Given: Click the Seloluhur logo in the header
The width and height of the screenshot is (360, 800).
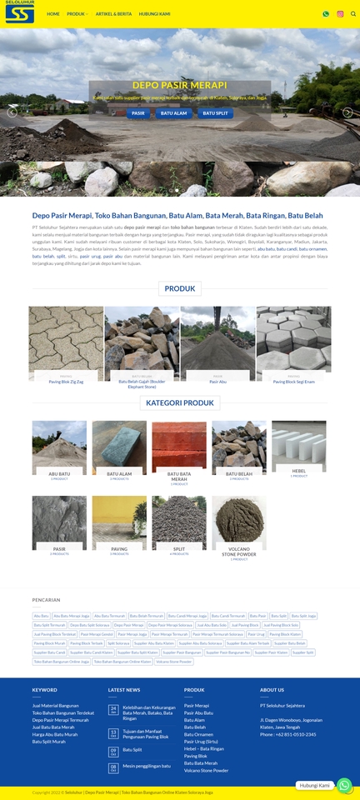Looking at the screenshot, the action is pos(19,12).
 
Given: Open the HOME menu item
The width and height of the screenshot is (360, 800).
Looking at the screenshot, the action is pos(53,14).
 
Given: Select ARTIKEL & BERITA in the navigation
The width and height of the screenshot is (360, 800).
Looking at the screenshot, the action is pos(113,14).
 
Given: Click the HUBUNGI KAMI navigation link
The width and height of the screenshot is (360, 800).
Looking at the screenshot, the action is pos(154,14).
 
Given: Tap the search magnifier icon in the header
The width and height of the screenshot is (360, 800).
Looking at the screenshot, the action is pos(353,14).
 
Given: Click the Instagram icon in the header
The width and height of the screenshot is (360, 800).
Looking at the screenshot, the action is pos(340,14).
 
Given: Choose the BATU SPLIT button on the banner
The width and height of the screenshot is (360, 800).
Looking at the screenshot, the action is pos(215,112).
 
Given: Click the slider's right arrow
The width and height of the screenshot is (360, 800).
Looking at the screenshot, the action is pos(347,112).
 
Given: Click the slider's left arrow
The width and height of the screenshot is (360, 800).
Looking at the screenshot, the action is pos(12,112).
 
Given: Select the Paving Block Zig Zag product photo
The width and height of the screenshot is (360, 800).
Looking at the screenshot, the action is pos(66,342).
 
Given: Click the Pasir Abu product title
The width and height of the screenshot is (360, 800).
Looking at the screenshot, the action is pos(217,382).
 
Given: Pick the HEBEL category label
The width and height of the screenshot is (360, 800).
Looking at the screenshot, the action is pos(298,471).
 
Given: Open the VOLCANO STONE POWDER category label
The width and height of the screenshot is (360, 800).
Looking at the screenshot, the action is pos(239,551).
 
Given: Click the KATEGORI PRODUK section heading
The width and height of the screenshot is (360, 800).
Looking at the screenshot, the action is pos(180,402).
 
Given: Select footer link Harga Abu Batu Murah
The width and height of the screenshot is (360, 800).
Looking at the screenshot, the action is pos(55,734).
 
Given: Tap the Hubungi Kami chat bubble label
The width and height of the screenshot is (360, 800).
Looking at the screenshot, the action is pos(315,785).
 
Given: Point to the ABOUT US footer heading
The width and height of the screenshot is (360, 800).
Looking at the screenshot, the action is pos(272,690).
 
